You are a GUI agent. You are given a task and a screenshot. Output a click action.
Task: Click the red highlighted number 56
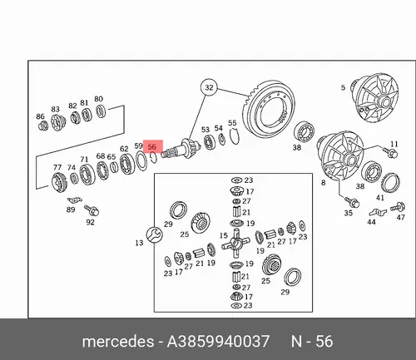[152, 146]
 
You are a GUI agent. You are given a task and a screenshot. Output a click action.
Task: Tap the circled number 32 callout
[209, 87]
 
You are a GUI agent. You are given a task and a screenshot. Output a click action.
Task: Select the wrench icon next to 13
[154, 234]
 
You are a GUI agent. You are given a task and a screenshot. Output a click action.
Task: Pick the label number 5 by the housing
[343, 87]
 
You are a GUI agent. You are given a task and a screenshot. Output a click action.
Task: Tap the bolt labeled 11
[390, 152]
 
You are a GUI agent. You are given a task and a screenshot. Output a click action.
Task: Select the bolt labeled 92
[92, 210]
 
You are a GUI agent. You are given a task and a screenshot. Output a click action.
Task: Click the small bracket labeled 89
[75, 200]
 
